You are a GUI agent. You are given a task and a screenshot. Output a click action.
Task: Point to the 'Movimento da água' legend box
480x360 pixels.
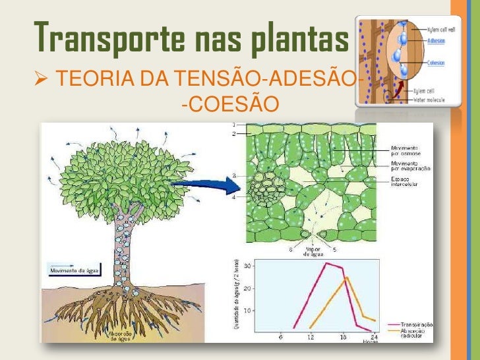pyautogui.click(x=69, y=269)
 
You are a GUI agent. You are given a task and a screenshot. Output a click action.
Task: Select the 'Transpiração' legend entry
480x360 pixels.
pyautogui.click(x=419, y=324)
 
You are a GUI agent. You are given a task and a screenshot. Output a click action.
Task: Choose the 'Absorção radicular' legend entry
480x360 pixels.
pyautogui.click(x=419, y=332)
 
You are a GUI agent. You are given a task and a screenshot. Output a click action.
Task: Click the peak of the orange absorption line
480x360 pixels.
pyautogui.click(x=347, y=278)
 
